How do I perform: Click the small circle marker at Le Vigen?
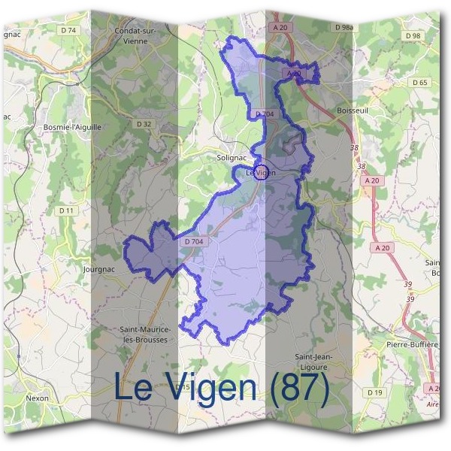[262, 172]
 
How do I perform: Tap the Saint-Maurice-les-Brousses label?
[145, 334]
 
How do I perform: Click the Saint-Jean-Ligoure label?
[314, 361]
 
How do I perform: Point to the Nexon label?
[37, 398]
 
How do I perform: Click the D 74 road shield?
[68, 30]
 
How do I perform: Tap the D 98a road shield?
[342, 27]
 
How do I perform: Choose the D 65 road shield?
[419, 82]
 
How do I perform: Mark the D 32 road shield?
[144, 123]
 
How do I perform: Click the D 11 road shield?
[67, 211]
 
